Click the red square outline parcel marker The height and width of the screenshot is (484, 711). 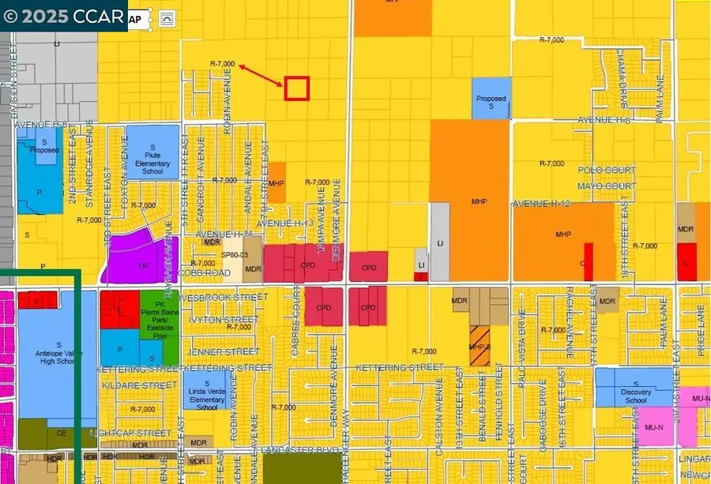coord(296,88)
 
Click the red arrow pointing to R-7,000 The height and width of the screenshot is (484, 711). coord(261,76)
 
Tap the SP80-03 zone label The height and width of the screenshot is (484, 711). coord(235,255)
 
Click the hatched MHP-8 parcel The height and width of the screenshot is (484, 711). coord(480,347)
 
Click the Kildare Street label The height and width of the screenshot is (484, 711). coord(139,385)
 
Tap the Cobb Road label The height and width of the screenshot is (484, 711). coord(205,272)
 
